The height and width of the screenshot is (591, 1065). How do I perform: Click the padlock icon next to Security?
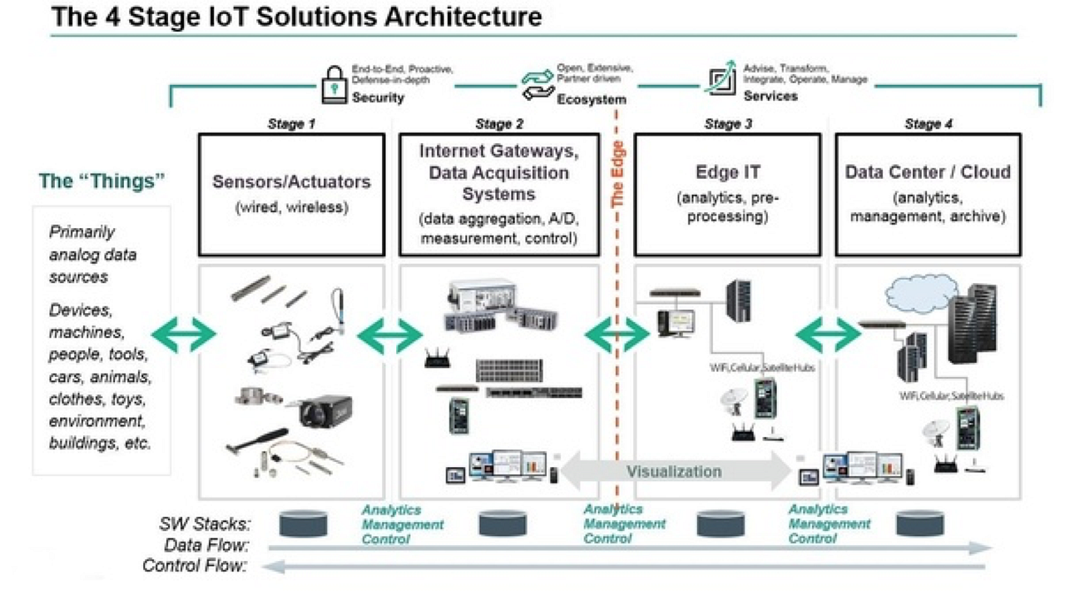click(333, 83)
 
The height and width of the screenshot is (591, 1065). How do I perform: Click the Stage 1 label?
click(291, 124)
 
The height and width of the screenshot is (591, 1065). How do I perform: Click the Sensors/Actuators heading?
click(291, 181)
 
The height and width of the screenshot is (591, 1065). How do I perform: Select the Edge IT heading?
click(728, 172)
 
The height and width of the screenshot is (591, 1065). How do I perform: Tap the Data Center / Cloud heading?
click(928, 172)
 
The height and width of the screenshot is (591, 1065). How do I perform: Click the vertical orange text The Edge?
click(617, 175)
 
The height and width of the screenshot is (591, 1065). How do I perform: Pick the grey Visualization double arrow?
click(674, 472)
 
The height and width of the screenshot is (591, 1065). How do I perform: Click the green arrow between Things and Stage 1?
click(182, 335)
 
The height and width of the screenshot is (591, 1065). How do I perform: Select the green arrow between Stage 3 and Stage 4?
click(828, 335)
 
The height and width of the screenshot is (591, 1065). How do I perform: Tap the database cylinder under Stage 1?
click(303, 523)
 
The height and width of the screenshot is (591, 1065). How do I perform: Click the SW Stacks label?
click(205, 524)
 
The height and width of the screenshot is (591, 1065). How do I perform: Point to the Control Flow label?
click(195, 566)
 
